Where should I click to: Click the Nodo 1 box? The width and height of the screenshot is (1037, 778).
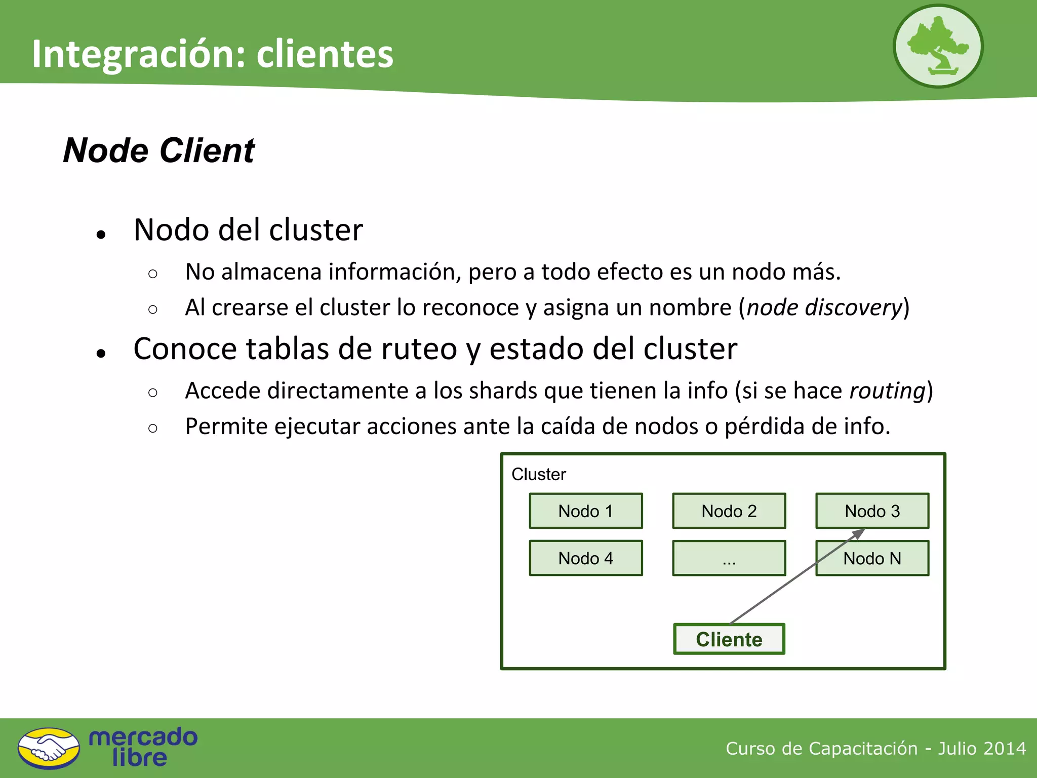click(586, 511)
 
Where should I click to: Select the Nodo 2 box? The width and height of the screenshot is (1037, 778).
click(729, 511)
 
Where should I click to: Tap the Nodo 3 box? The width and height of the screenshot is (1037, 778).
click(872, 511)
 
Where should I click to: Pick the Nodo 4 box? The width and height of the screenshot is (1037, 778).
click(586, 558)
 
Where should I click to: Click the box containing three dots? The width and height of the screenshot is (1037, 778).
click(729, 558)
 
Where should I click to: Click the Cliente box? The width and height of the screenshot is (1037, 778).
click(729, 639)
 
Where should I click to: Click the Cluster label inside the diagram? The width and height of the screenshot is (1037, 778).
click(538, 474)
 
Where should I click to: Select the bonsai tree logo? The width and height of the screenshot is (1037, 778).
click(938, 46)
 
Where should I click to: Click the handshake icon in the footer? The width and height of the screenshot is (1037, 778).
click(49, 749)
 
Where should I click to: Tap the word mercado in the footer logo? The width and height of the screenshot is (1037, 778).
click(143, 737)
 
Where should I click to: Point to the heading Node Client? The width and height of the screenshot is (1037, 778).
click(158, 150)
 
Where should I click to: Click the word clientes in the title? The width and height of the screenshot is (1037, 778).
click(325, 54)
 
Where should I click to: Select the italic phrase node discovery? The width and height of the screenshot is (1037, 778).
click(825, 307)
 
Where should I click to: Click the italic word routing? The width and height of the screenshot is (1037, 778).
click(887, 391)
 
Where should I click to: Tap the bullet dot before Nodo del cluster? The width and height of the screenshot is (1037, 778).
click(101, 234)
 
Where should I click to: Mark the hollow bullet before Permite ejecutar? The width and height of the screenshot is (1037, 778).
click(153, 428)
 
